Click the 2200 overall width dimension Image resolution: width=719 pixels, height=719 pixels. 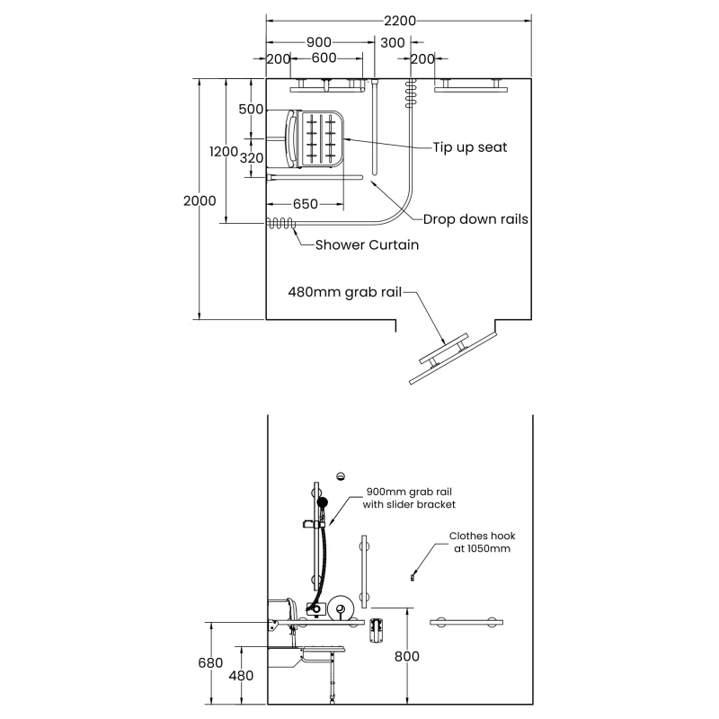tap(400, 21)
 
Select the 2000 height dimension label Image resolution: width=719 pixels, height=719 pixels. tap(200, 200)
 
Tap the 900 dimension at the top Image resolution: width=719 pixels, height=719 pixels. tap(319, 42)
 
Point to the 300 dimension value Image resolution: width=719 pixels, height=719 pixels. tap(393, 42)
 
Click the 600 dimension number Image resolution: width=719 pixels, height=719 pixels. tap(324, 58)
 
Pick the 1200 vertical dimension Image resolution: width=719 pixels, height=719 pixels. tap(223, 151)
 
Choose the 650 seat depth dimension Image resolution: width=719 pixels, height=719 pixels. tap(306, 204)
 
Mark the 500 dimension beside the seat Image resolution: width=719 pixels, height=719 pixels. tap(252, 109)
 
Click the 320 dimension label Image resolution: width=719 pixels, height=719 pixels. tap(252, 158)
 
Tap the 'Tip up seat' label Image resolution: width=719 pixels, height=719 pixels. tap(470, 147)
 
